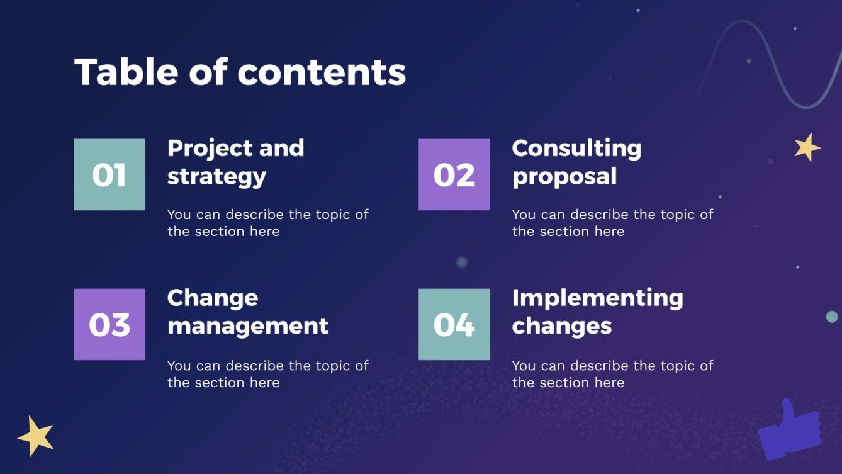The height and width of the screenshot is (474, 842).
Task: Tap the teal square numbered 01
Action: coord(109,174)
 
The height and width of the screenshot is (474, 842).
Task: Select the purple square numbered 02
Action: coord(454,174)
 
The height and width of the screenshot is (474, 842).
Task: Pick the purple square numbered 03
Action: coord(109,324)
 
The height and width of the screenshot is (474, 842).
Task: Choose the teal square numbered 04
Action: coord(454,324)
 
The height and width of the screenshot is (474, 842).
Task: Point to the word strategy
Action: coord(216,176)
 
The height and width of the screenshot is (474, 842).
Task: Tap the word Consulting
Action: coord(576,149)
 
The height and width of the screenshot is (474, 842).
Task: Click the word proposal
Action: coord(564,176)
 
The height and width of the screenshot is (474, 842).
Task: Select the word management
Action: coord(248,325)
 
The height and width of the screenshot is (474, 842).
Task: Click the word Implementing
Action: coord(597,298)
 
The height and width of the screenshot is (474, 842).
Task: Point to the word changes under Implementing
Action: coord(561,325)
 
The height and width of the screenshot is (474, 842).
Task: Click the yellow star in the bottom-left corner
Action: coord(36,436)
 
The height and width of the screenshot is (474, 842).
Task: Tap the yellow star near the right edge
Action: coord(807,147)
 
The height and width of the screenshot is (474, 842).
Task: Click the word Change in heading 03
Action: coord(213,298)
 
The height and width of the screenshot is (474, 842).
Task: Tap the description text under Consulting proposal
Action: coord(612,222)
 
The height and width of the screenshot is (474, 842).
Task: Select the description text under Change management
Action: coord(267,373)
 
